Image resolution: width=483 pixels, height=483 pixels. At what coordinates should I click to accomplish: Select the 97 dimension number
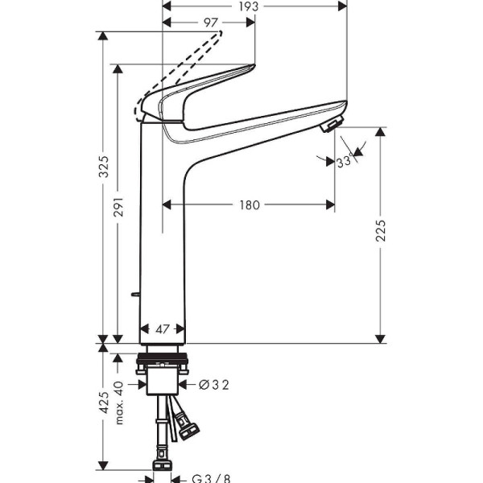click(x=211, y=23)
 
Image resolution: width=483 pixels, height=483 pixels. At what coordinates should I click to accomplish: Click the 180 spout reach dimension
click(x=249, y=205)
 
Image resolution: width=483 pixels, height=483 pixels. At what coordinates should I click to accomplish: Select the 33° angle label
click(x=345, y=162)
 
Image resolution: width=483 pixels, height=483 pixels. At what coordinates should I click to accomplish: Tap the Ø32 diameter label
click(x=215, y=385)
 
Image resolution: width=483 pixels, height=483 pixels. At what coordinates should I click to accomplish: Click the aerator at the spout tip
click(x=330, y=125)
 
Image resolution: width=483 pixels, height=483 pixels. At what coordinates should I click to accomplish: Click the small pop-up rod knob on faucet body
click(x=136, y=296)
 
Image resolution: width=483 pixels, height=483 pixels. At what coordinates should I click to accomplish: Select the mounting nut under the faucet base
click(x=164, y=372)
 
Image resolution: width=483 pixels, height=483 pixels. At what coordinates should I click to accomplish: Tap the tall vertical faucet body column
click(x=163, y=242)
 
